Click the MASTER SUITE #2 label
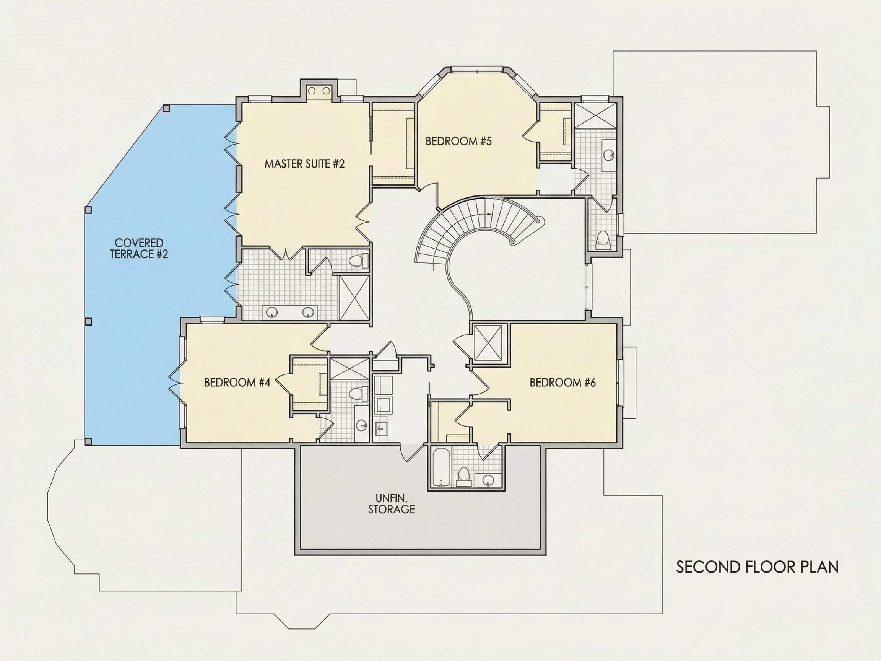[x=304, y=164]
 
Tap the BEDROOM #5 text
[x=458, y=141]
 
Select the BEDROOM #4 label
[x=237, y=383]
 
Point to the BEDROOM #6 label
[x=562, y=383]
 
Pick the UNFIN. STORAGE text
[x=392, y=504]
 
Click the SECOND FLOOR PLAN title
[x=757, y=567]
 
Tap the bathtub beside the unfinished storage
[x=441, y=468]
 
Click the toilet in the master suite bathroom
[x=357, y=260]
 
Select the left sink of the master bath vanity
[x=272, y=312]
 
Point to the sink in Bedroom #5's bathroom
[x=608, y=154]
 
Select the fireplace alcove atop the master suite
[x=319, y=91]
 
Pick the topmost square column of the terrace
[x=166, y=108]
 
